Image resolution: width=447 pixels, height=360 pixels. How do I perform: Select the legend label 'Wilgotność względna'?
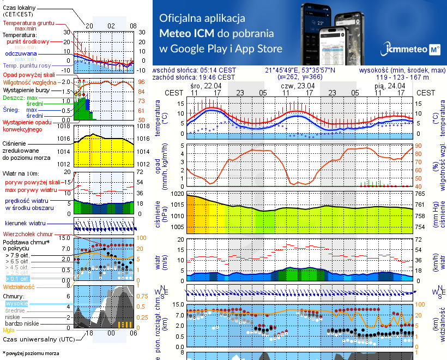(x=27, y=81)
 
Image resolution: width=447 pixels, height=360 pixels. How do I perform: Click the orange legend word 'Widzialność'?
(x=19, y=286)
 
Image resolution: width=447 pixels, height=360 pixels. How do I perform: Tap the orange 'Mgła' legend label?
(x=8, y=329)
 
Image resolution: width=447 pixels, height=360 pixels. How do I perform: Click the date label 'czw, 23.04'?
(x=298, y=86)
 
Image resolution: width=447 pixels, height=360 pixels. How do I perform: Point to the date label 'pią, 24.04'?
(x=389, y=86)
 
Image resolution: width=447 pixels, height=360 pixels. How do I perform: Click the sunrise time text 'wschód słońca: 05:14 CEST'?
(x=195, y=70)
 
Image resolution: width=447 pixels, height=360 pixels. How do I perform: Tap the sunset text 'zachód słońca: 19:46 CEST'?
(x=195, y=77)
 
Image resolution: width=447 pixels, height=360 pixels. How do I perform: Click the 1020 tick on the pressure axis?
(x=178, y=194)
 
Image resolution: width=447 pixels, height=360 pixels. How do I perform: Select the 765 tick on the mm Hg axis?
(x=421, y=194)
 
